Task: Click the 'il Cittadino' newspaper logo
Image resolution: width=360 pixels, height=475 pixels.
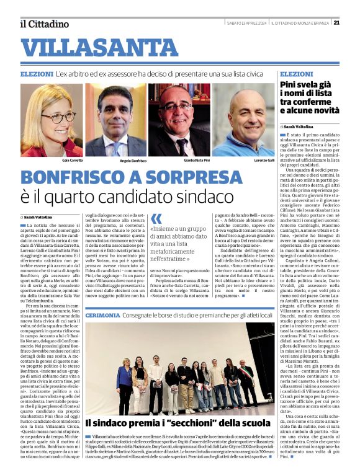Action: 44,24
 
